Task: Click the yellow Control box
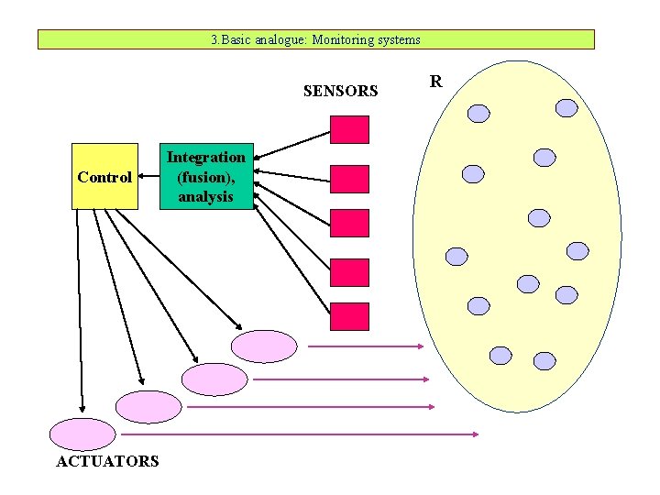(104, 177)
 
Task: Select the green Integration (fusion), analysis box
(205, 176)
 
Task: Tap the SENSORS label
(340, 91)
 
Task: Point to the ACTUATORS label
(107, 462)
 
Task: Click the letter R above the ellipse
(436, 82)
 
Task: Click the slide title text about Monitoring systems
(315, 39)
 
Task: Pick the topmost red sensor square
(349, 130)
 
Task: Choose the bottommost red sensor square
(349, 316)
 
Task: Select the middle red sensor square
(349, 223)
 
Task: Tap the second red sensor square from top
(349, 179)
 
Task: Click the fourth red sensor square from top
(349, 272)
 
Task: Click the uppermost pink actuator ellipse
(264, 346)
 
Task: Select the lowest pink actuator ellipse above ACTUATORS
(82, 434)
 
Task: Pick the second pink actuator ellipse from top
(214, 379)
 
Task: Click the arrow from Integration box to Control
(148, 176)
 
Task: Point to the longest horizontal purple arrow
(299, 434)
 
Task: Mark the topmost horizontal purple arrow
(365, 346)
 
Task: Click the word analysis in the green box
(205, 196)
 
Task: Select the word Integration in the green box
(205, 157)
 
